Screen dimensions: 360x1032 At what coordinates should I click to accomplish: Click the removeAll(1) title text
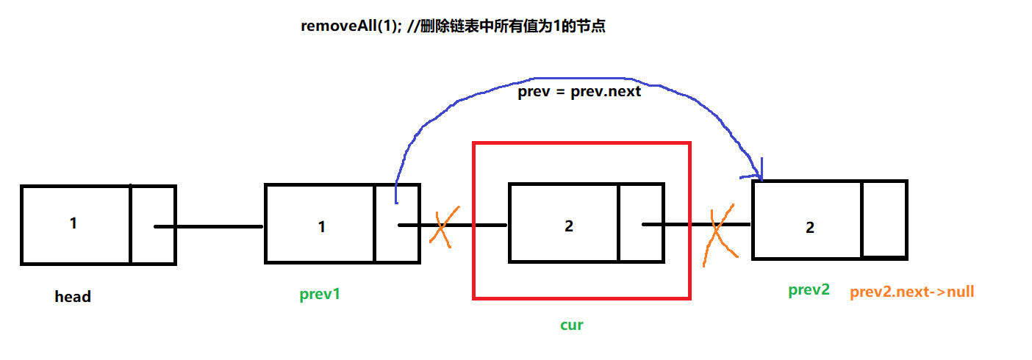click(x=453, y=27)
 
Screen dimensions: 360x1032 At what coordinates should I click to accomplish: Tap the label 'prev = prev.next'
click(x=579, y=92)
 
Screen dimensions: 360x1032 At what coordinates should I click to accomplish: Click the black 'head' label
click(x=73, y=297)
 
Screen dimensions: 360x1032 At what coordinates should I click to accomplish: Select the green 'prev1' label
click(x=320, y=295)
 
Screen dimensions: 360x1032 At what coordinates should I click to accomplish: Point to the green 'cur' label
click(x=571, y=324)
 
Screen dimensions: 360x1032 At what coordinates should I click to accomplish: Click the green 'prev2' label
click(x=809, y=289)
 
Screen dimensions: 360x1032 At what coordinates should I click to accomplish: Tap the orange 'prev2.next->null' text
click(x=911, y=292)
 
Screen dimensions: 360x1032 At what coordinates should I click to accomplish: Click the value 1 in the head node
click(x=74, y=223)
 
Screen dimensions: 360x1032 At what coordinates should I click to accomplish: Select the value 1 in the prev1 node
click(x=321, y=226)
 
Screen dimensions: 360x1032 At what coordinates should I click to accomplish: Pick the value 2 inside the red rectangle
click(x=568, y=226)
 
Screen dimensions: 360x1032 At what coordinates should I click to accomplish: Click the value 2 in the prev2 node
click(x=809, y=227)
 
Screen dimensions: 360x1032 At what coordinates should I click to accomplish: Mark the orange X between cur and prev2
click(x=718, y=234)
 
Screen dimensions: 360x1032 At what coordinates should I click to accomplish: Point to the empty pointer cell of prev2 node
click(x=884, y=219)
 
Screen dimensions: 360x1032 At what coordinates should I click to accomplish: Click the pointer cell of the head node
click(x=153, y=225)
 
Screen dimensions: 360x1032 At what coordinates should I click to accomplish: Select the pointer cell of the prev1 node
click(x=396, y=223)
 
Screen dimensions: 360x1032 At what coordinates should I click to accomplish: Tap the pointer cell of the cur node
click(x=640, y=223)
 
